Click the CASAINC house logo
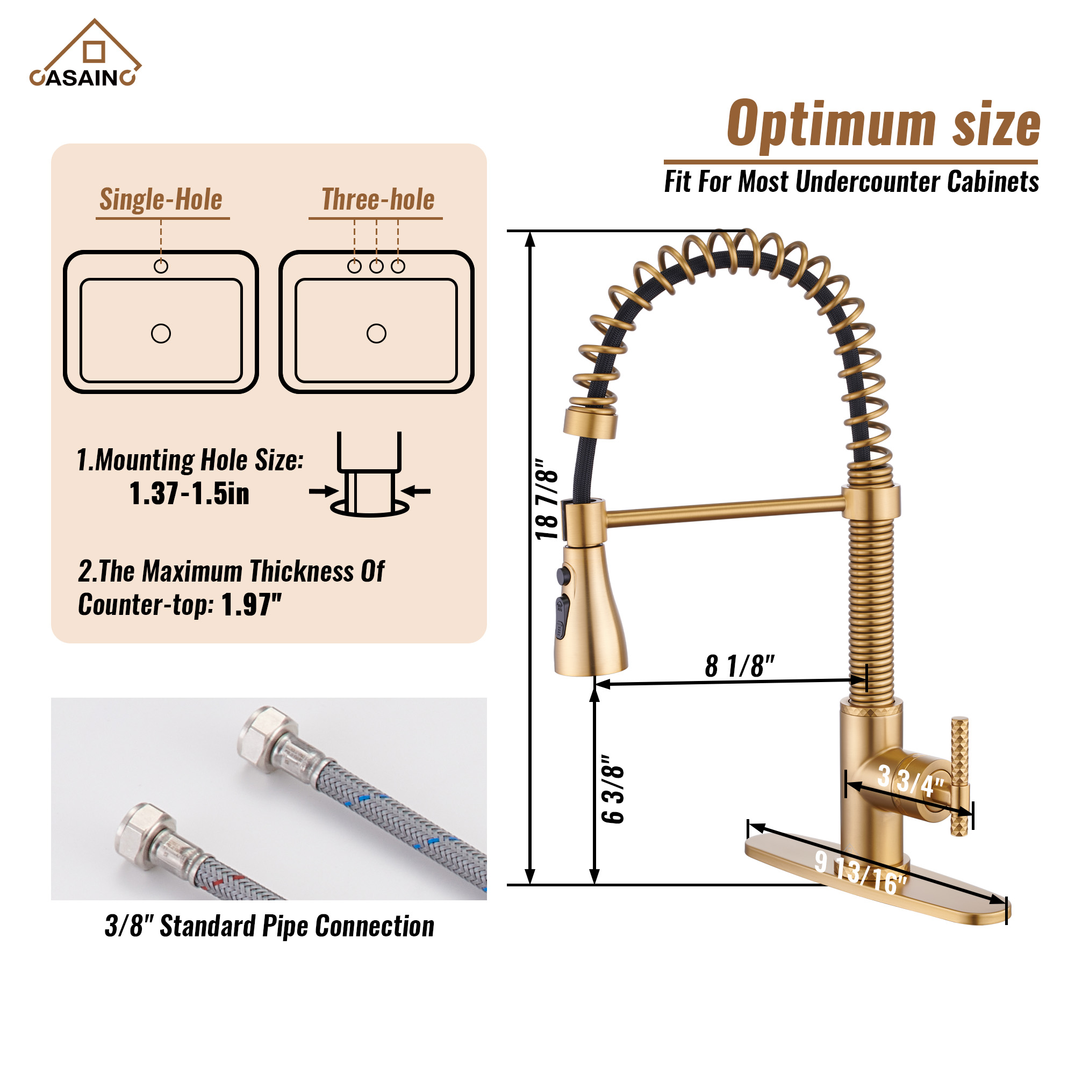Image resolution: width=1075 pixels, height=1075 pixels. [x=85, y=53]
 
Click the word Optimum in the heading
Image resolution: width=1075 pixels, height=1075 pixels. [x=832, y=124]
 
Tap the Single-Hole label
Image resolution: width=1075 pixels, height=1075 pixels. [x=161, y=199]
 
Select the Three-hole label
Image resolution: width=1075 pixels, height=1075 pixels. [x=378, y=199]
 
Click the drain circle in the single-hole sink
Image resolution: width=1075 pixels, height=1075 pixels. [x=161, y=333]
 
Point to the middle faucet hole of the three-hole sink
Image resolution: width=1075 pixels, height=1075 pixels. [x=376, y=266]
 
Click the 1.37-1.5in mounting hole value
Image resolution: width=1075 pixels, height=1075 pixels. [x=189, y=493]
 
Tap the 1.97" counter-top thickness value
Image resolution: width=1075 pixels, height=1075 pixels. [x=252, y=604]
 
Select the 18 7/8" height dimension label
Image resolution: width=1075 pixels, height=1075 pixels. [x=547, y=499]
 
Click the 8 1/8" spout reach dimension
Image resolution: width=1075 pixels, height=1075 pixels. [x=740, y=665]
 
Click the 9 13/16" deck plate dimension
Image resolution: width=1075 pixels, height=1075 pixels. [x=861, y=872]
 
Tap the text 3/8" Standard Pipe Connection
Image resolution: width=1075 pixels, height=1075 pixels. [x=269, y=927]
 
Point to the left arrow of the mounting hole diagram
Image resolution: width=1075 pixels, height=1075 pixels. [x=324, y=491]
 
